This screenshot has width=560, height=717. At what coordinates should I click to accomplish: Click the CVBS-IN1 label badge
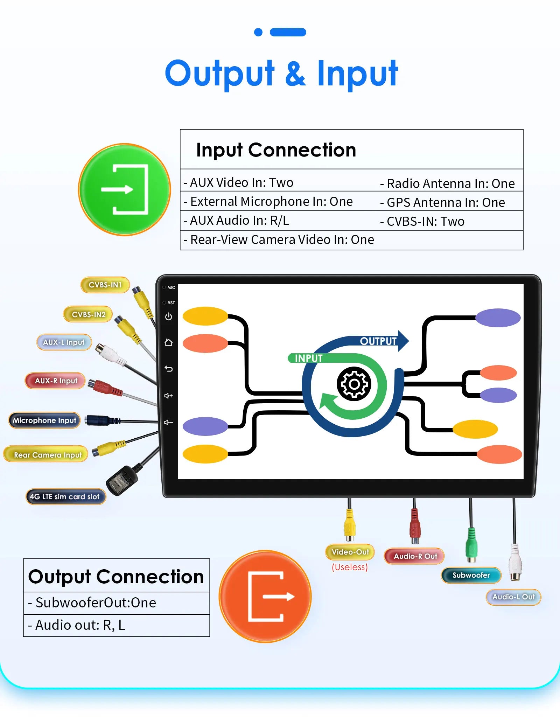click(105, 285)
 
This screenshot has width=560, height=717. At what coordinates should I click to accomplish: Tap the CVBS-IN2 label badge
click(88, 314)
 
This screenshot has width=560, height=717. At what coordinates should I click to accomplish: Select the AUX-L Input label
click(64, 342)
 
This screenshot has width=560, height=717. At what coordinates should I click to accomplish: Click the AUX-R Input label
click(56, 381)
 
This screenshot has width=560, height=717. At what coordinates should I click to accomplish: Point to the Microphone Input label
click(44, 420)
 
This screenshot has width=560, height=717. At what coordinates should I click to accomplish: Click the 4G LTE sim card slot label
click(65, 496)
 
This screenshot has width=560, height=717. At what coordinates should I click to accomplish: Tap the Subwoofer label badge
click(471, 575)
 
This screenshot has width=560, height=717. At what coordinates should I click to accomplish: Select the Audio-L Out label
click(513, 597)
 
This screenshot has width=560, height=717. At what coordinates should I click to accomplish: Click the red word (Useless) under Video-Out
click(350, 567)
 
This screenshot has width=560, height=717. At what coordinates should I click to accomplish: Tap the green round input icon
click(125, 189)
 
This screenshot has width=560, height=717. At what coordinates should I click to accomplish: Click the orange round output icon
click(265, 596)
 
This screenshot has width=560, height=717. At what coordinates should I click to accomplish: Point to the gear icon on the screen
click(354, 384)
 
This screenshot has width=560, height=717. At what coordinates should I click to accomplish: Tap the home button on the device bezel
click(168, 342)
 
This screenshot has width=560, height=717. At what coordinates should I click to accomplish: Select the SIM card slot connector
click(121, 481)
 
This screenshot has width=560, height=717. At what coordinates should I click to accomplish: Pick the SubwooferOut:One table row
click(116, 603)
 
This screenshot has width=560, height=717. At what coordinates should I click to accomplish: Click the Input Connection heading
click(276, 150)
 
